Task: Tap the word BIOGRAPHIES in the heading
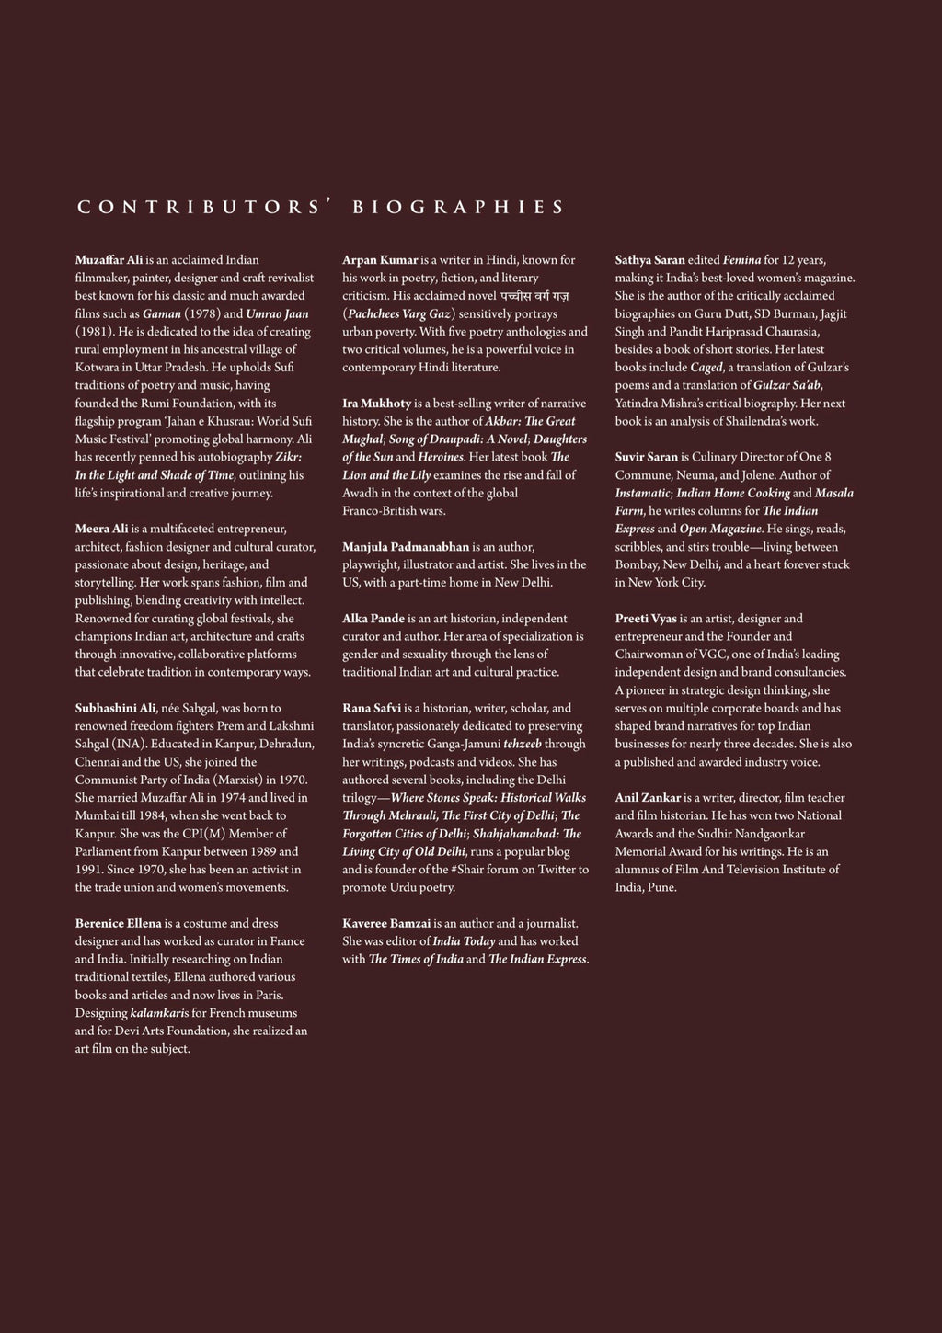click(x=458, y=207)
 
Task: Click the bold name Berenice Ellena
click(x=119, y=923)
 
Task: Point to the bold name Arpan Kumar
click(x=380, y=260)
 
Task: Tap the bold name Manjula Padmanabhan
click(x=406, y=547)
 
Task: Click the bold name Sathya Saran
click(x=649, y=260)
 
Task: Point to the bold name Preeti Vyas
click(x=646, y=619)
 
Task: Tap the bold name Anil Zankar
click(x=648, y=798)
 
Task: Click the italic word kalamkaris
click(x=160, y=1013)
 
